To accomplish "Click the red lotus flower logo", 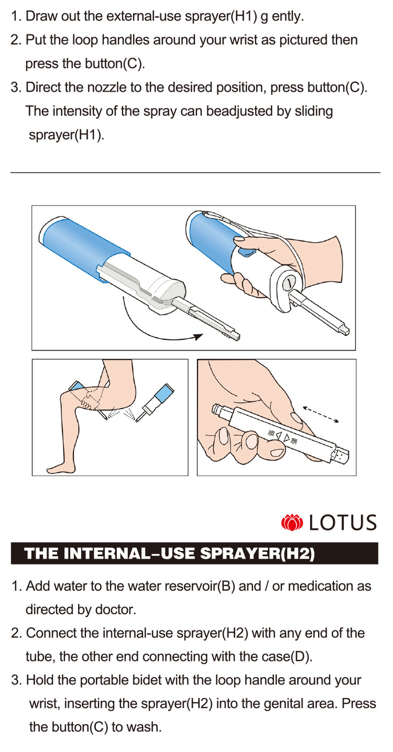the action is coord(292,523).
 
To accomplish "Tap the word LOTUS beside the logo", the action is coord(342,523).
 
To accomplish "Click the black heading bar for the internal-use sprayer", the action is coord(194,554).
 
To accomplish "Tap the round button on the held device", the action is coord(288,284).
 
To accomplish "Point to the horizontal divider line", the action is coord(195,173).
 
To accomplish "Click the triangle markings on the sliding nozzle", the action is coord(283,437).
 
